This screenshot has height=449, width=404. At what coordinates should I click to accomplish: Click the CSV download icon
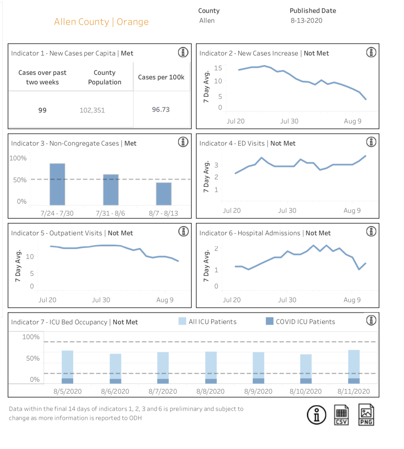pyautogui.click(x=341, y=415)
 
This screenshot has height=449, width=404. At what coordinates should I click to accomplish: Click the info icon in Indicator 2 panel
pyautogui.click(x=371, y=52)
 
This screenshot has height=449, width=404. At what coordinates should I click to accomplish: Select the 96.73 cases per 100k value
pyautogui.click(x=160, y=109)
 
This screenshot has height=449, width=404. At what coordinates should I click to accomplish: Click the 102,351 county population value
pyautogui.click(x=92, y=110)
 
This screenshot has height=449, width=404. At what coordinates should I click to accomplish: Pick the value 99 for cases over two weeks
pyautogui.click(x=42, y=110)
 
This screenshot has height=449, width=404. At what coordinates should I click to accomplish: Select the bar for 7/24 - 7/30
pyautogui.click(x=57, y=184)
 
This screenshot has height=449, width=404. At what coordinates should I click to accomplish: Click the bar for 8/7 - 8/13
pyautogui.click(x=164, y=194)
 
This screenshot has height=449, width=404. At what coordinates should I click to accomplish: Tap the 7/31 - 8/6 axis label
pyautogui.click(x=110, y=213)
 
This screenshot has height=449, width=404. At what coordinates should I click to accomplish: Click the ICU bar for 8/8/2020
pyautogui.click(x=211, y=367)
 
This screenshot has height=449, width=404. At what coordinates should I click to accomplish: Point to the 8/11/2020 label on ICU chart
pyautogui.click(x=353, y=391)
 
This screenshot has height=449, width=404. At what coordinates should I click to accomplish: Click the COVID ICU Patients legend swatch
pyautogui.click(x=270, y=321)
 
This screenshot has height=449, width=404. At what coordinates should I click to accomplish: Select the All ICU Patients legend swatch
pyautogui.click(x=182, y=321)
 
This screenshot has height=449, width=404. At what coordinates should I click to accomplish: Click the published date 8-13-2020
pyautogui.click(x=307, y=21)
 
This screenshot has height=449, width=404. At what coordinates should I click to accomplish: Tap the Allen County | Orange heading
pyautogui.click(x=101, y=22)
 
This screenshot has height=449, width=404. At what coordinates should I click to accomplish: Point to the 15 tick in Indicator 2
pyautogui.click(x=218, y=68)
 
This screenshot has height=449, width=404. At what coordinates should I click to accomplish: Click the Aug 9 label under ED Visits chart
pyautogui.click(x=352, y=210)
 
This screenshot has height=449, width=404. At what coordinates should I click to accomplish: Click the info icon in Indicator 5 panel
pyautogui.click(x=183, y=232)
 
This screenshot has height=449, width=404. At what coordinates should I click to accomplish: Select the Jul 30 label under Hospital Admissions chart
pyautogui.click(x=287, y=300)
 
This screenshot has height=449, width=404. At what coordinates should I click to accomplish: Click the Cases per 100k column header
pyautogui.click(x=161, y=77)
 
